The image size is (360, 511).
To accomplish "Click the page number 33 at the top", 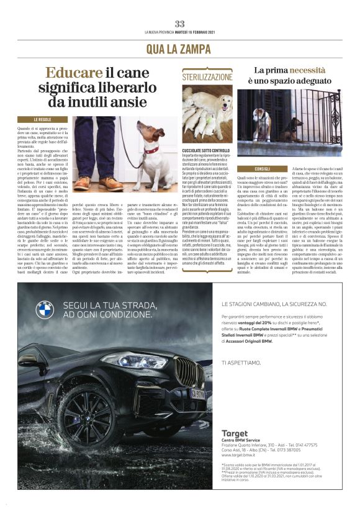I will [x=179, y=24].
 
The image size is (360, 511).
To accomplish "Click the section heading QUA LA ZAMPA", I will [x=179, y=48].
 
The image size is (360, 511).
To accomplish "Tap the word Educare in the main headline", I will [x=74, y=72].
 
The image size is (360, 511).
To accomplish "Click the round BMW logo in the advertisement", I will [x=45, y=309].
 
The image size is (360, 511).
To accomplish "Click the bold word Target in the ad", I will [x=234, y=433].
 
